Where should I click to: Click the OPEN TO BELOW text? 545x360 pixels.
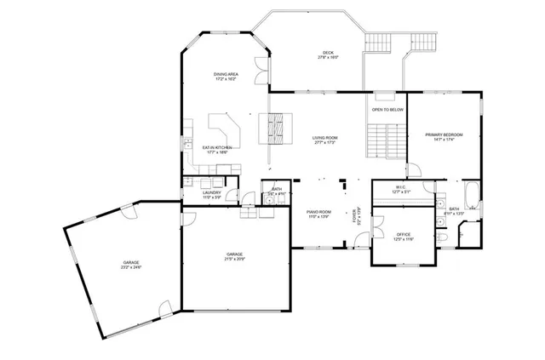pos(387,110)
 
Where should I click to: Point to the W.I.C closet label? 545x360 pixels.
pos(401,189)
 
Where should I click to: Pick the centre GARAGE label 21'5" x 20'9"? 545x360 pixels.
pos(235,256)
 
